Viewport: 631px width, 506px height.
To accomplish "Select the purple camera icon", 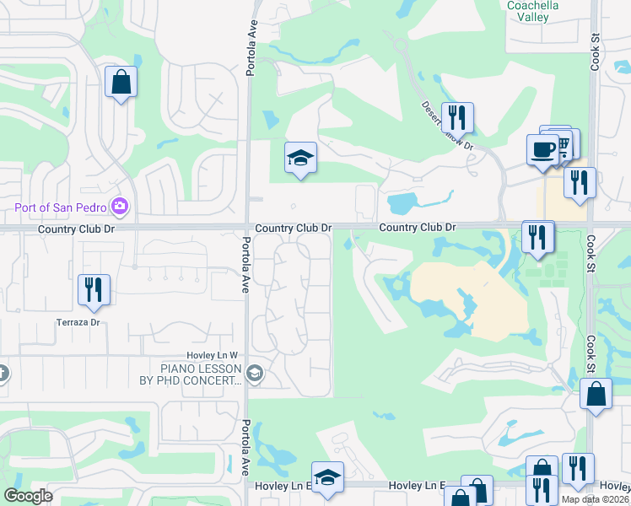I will (x=120, y=207).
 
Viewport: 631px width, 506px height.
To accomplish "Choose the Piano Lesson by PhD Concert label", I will (x=201, y=374).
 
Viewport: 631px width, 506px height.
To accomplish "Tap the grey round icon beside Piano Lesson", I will (x=255, y=372).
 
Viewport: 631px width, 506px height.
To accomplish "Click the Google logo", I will (x=28, y=496).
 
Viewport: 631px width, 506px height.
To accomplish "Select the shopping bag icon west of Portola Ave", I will (x=121, y=83).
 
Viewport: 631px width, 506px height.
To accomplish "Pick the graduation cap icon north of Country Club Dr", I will (x=300, y=158).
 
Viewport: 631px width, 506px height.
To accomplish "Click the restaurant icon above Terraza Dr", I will (x=93, y=289).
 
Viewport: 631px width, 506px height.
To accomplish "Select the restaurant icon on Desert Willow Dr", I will (x=457, y=118).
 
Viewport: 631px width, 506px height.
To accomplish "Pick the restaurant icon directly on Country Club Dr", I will (x=537, y=236).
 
